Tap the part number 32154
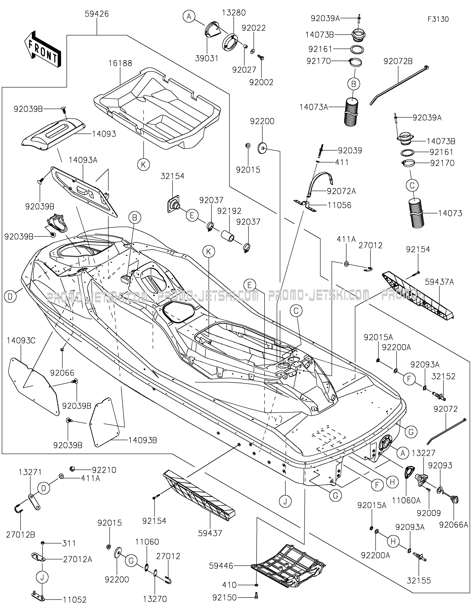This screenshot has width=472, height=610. pyautogui.click(x=172, y=176)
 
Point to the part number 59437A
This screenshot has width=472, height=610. pyautogui.click(x=439, y=282)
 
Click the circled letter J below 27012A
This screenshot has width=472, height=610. pyautogui.click(x=42, y=577)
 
